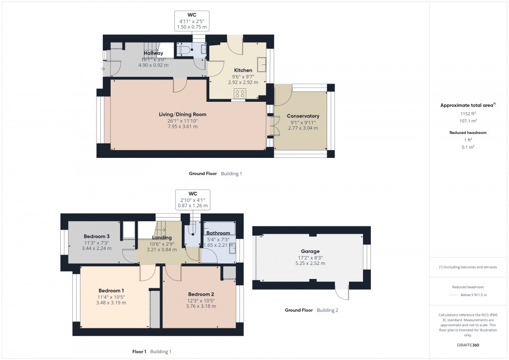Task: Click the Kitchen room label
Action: [243, 70]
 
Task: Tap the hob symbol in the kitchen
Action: [240, 94]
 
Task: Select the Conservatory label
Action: [303, 116]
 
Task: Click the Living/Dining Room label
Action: [182, 114]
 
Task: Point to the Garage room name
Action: [310, 251]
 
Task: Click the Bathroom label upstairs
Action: [218, 233]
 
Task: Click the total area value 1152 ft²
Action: [467, 113]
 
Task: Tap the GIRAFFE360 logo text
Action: [468, 345]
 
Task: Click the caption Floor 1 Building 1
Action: [152, 352]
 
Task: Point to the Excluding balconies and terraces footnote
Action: [468, 267]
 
